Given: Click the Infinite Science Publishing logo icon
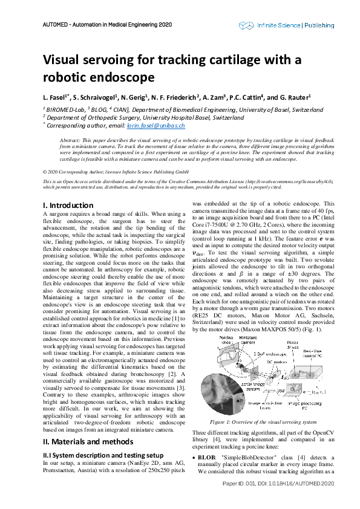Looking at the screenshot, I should (x=245, y=25).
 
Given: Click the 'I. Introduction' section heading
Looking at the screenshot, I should (x=68, y=206).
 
